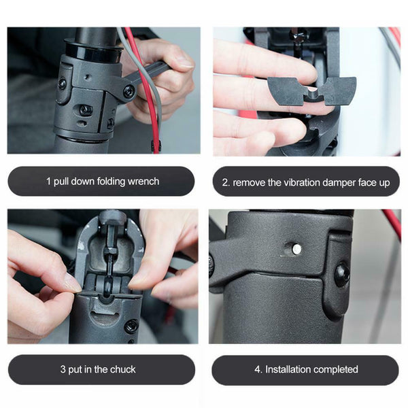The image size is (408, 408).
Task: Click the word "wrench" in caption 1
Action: point(143,182)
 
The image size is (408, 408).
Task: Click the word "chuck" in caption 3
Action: point(122,370)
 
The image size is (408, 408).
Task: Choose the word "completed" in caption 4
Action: point(336,370)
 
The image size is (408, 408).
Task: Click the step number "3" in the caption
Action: point(63,370)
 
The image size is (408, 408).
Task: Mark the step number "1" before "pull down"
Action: point(48,182)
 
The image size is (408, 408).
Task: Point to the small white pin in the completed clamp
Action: point(296,250)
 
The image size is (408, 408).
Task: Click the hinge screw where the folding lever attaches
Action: point(128,90)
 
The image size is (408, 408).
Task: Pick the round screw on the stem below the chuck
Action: point(131,326)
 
